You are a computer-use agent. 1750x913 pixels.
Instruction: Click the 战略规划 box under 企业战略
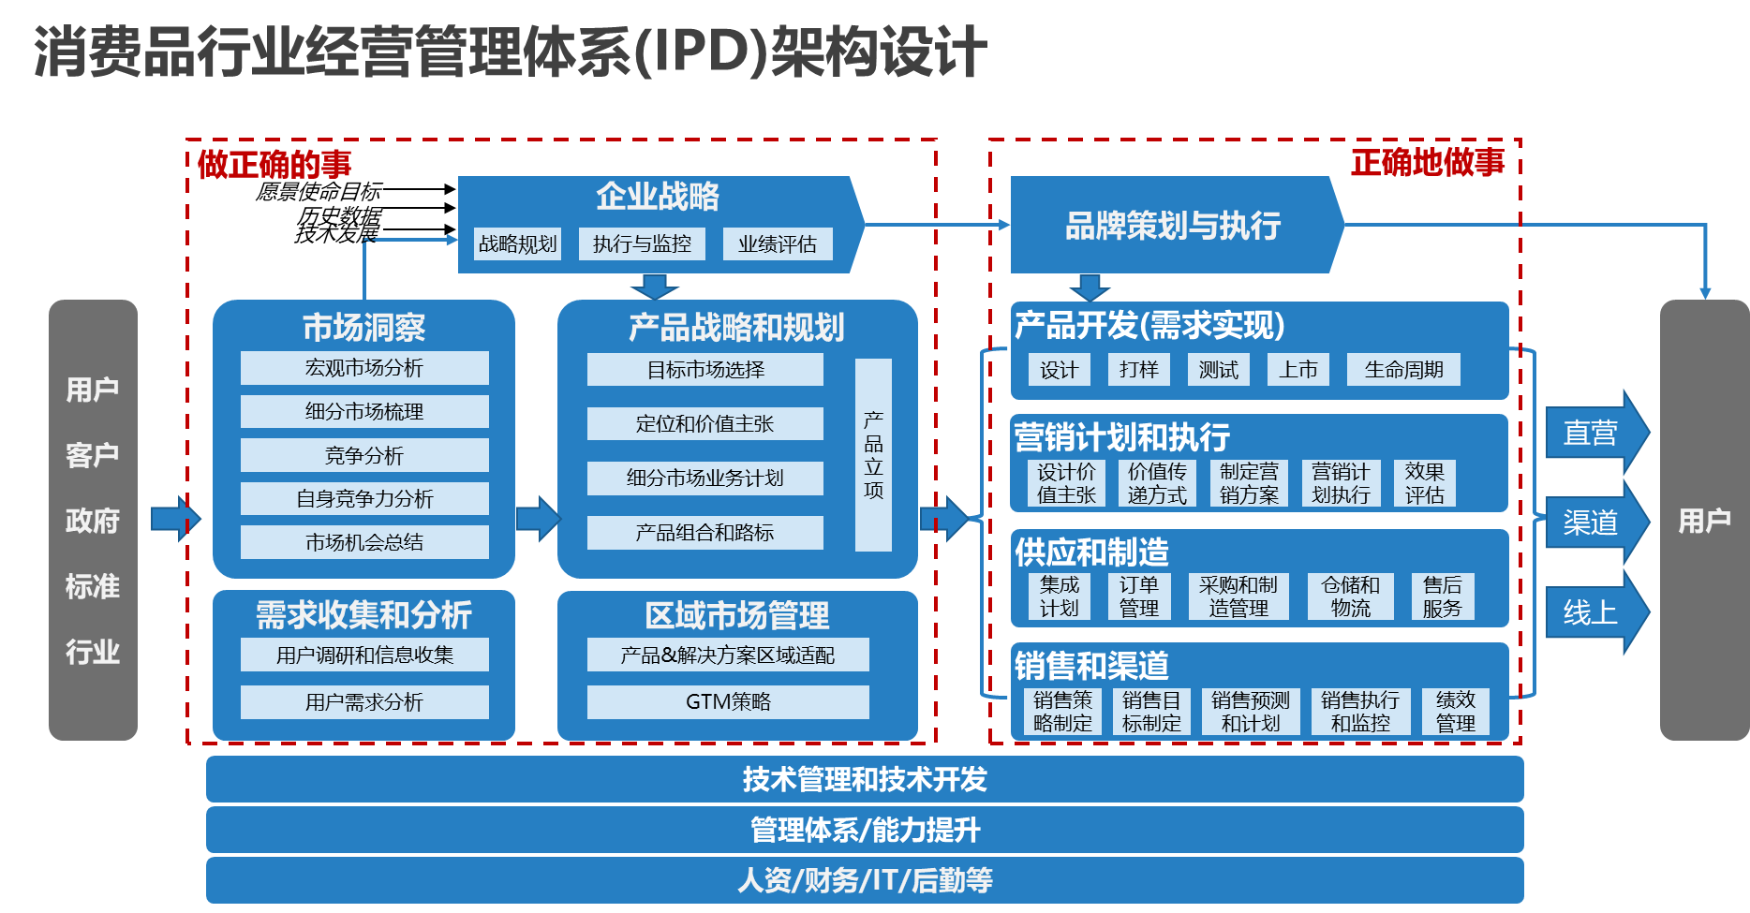(517, 244)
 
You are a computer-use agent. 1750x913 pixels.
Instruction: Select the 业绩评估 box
(777, 244)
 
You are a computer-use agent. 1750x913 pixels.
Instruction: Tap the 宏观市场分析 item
(364, 368)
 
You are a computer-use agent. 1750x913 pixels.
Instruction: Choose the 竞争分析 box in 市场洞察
(364, 455)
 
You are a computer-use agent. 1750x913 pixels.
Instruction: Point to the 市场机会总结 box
(364, 542)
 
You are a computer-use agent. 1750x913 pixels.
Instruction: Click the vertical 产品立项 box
(873, 455)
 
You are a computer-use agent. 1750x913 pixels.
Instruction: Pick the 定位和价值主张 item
(704, 423)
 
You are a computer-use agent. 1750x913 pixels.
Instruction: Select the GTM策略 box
(728, 701)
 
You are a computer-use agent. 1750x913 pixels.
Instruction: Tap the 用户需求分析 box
(364, 701)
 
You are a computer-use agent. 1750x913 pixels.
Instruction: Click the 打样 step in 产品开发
(1138, 370)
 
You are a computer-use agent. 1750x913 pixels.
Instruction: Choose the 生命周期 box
(1403, 370)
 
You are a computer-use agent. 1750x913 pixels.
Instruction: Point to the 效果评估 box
(1424, 483)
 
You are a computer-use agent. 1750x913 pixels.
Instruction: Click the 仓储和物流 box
(1350, 596)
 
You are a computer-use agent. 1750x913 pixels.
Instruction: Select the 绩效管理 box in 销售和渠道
(1455, 712)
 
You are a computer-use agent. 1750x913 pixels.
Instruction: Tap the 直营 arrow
(1593, 433)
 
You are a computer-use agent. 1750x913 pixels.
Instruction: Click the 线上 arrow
(1593, 613)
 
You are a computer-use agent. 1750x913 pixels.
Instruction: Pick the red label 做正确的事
(274, 165)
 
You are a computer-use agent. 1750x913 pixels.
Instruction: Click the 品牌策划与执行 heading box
(1173, 226)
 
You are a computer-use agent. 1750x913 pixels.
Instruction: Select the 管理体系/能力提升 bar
(865, 830)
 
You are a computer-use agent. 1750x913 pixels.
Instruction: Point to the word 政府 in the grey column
(93, 521)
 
